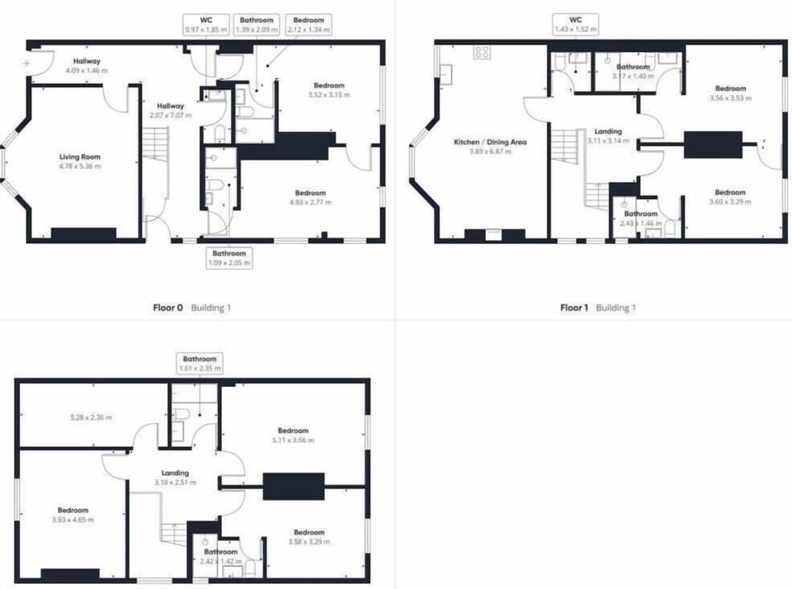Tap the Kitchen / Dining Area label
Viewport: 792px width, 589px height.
[x=490, y=147]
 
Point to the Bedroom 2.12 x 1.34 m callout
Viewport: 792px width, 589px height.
[x=308, y=24]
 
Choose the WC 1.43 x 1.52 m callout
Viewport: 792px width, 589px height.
[x=576, y=24]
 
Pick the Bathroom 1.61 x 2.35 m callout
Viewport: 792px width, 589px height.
[x=200, y=364]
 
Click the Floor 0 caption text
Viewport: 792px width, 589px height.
[x=168, y=308]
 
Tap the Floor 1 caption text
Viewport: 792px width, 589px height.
[x=575, y=308]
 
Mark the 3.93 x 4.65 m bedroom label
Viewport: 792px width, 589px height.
[x=73, y=516]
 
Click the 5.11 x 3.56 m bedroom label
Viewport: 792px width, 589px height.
[x=293, y=436]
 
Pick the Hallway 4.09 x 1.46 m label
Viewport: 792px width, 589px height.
[x=86, y=66]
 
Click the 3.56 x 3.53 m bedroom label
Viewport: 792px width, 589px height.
[x=730, y=93]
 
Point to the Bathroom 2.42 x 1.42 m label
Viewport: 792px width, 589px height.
[x=221, y=556]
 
